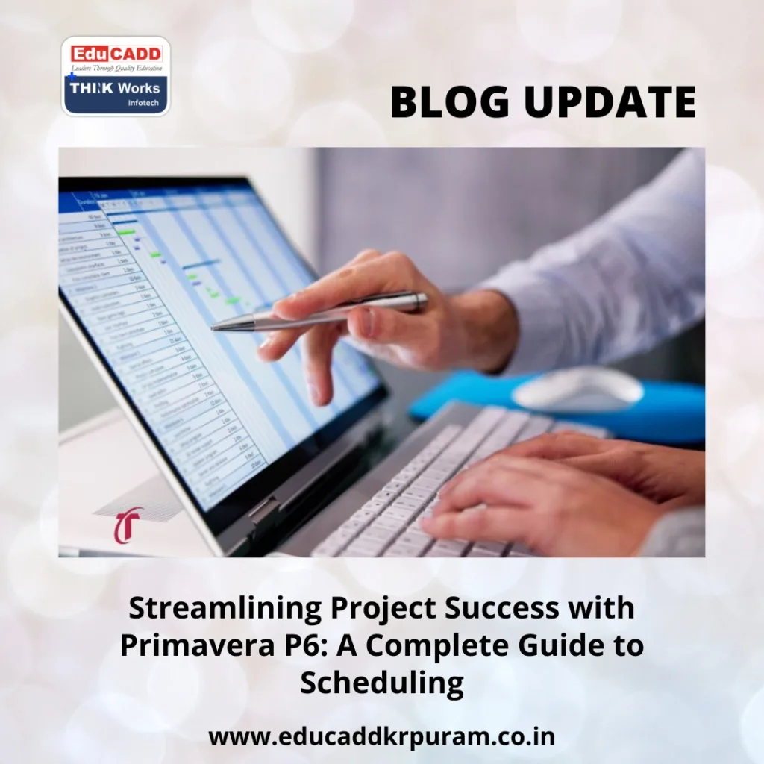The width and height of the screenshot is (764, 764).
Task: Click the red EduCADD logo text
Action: (116, 54)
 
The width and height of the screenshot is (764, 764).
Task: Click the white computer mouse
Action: (578, 388)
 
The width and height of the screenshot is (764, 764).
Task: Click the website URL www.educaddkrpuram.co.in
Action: (382, 737)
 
